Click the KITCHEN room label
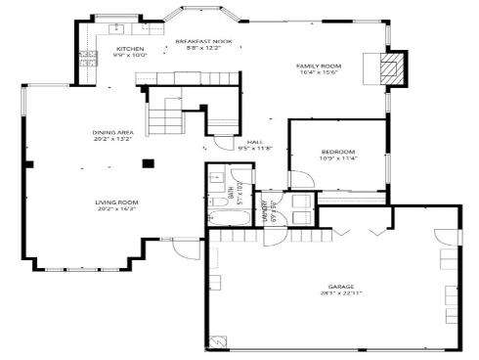tap(130, 48)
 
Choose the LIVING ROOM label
tap(116, 202)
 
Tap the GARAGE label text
tap(333, 287)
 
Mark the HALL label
tap(254, 142)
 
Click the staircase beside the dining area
tap(166, 117)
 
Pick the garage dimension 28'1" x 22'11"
tap(333, 293)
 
